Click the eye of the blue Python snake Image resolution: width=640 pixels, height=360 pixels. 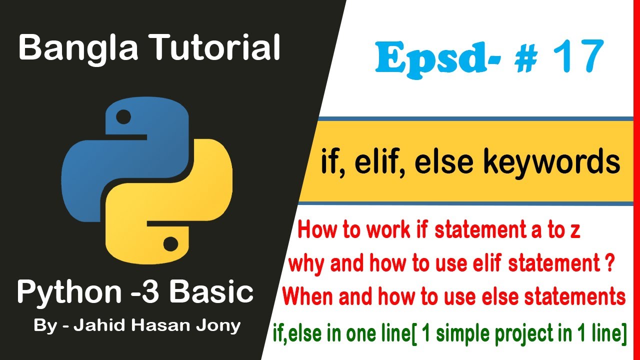[x=123, y=117]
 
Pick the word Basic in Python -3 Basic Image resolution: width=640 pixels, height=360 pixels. [x=213, y=292]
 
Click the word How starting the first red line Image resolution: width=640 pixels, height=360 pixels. [x=315, y=232]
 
